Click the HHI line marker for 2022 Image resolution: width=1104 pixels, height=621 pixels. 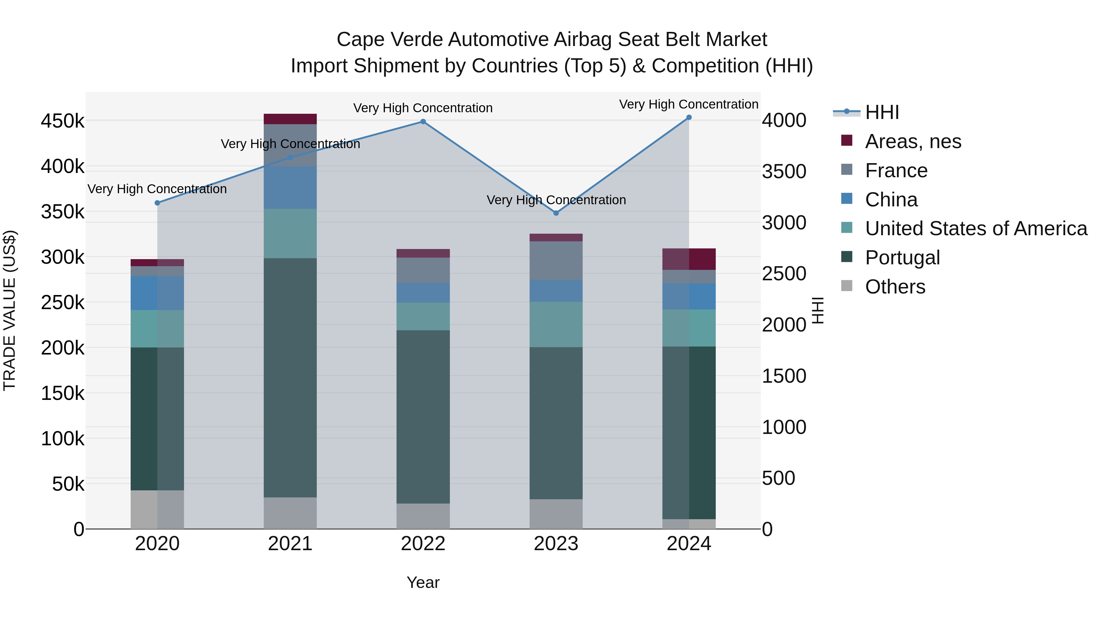coord(423,122)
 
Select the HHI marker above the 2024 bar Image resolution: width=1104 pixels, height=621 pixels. coord(689,117)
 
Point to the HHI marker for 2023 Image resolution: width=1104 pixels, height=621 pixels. coord(556,213)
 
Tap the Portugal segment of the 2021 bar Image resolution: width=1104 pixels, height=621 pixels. coord(290,377)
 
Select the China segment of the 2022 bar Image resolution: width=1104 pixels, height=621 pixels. coord(423,293)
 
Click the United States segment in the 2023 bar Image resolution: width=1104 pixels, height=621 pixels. coord(556,324)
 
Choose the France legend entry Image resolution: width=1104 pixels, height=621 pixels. coord(896,171)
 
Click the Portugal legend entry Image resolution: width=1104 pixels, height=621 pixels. coord(902,258)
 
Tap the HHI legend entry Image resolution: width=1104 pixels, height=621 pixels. coord(882,112)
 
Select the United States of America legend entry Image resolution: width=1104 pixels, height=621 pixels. coord(976,228)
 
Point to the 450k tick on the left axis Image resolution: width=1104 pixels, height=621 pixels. coord(63,121)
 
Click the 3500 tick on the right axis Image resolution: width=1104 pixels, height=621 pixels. coord(784,171)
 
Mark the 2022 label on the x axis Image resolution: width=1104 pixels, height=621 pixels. coord(423,544)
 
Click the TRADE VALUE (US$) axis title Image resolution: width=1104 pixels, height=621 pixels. coord(10,310)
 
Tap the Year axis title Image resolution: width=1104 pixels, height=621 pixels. coord(423,582)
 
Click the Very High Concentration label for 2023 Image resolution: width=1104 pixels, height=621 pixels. coord(556,200)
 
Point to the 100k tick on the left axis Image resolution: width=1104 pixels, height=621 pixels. coord(63,439)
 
